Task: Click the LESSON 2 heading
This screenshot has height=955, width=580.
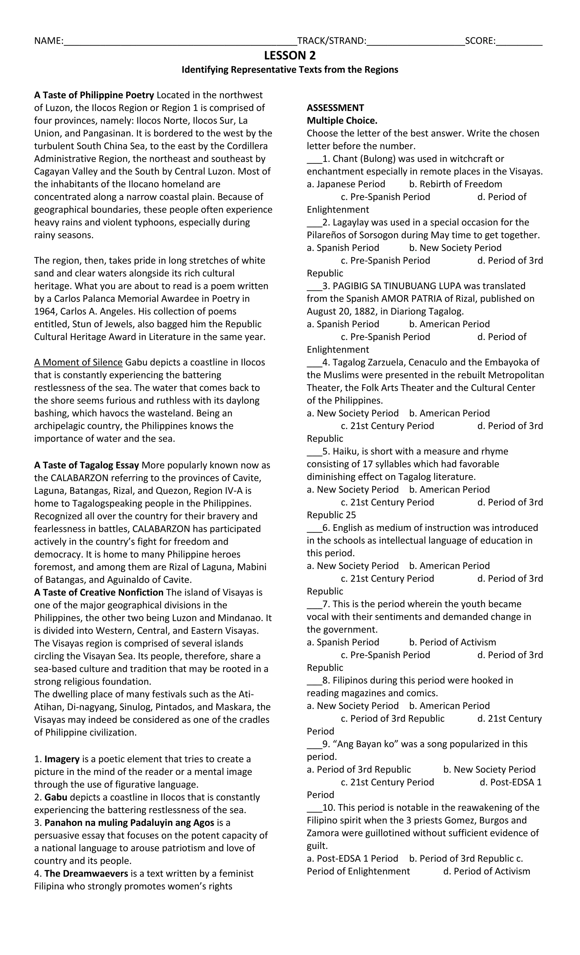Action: pos(290,56)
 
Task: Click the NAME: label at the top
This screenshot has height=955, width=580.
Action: pos(48,41)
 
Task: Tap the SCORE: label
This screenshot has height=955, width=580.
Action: pos(480,41)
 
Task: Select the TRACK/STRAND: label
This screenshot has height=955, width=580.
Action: pos(331,41)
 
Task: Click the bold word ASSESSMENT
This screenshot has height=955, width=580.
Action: pos(335,108)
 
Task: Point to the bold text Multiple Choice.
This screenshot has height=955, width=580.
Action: pos(342,121)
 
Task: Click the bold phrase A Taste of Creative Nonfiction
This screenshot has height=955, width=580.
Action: pos(99,592)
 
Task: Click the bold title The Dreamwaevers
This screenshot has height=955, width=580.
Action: pos(86,874)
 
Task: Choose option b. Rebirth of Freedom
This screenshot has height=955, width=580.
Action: pos(455,184)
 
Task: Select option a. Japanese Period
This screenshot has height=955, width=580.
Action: pos(346,184)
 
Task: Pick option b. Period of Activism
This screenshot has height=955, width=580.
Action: pos(452,642)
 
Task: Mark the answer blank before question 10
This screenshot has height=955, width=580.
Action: pos(314,808)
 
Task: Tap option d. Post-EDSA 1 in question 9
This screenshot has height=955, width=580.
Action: pos(510,782)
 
